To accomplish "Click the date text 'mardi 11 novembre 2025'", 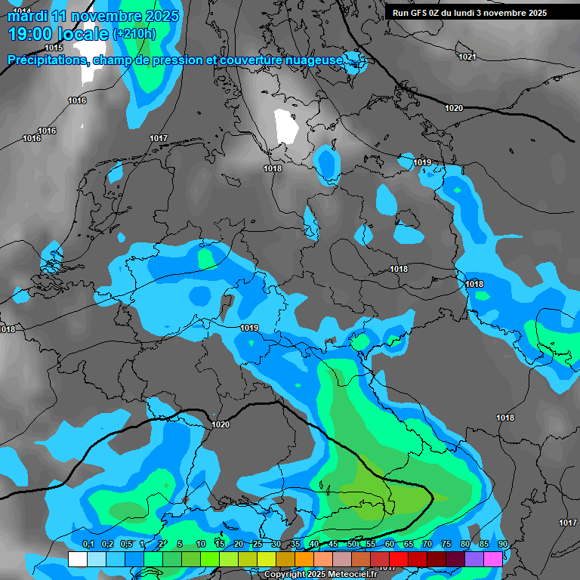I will point(94,16).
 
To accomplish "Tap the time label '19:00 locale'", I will point(58,34).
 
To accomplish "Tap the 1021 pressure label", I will point(467,57).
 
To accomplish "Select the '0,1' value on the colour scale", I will point(88,545).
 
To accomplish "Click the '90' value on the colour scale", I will point(503,545).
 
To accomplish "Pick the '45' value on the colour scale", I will point(333,545).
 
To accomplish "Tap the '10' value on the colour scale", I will point(201,545).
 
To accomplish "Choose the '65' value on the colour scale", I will point(409,545).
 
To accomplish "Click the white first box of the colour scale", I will point(77,559).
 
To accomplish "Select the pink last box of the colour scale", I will point(493,559).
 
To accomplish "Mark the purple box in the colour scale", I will point(474,559).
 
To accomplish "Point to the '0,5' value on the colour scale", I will point(126,545).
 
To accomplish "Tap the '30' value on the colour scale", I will point(276,545).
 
